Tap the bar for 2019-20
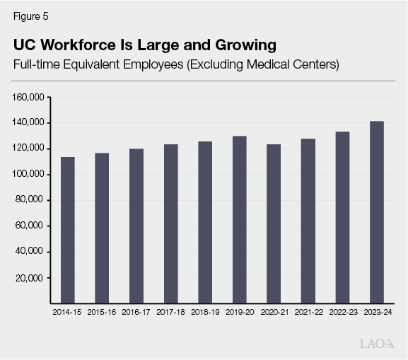tap(239, 219)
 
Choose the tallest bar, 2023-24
tap(377, 212)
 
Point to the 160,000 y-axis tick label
tap(30, 97)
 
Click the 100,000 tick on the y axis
tap(30, 175)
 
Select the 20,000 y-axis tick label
tap(33, 278)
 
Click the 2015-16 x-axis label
tap(102, 311)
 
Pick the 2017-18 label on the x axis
tap(170, 311)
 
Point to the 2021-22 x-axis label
tap(308, 311)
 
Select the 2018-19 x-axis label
tap(205, 311)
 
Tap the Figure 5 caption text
tap(30, 16)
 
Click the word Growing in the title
tap(244, 46)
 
